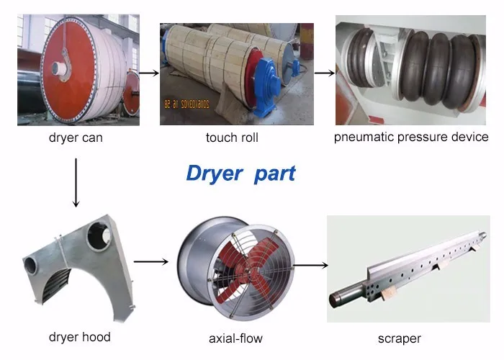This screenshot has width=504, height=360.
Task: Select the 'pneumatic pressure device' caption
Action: (411, 137)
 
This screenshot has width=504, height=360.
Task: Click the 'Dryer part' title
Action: (240, 174)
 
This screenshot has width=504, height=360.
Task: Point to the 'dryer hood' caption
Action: (79, 337)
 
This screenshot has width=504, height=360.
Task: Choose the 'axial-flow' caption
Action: (235, 338)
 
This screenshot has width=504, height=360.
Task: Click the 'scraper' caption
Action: (400, 338)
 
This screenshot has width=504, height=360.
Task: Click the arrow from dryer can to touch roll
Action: (148, 72)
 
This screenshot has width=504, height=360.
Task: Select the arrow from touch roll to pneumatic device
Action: (324, 72)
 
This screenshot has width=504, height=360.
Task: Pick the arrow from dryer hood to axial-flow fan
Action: (151, 261)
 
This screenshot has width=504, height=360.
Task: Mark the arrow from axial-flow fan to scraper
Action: (309, 264)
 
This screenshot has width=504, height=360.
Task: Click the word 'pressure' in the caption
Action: (423, 137)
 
